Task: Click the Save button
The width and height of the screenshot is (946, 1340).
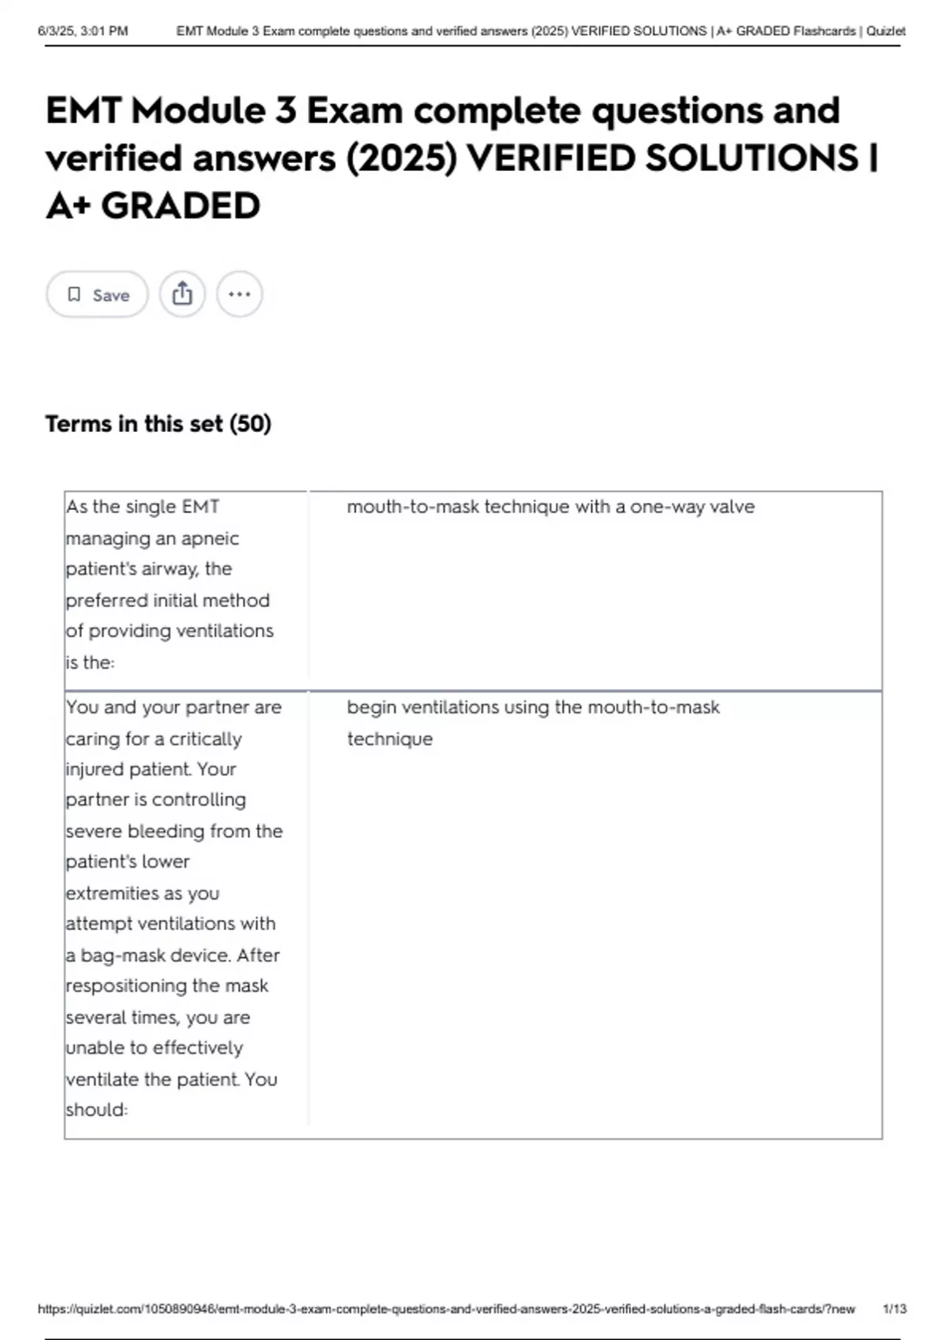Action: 97,295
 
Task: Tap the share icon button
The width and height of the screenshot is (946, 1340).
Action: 182,294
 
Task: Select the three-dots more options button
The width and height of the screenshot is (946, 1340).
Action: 239,294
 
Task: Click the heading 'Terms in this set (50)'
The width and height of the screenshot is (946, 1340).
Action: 158,424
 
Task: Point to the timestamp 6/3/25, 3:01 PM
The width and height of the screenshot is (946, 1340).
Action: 83,32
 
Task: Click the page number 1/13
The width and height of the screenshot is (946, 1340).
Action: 894,1308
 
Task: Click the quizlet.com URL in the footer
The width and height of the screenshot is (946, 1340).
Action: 446,1308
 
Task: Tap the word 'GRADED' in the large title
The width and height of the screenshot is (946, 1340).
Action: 181,207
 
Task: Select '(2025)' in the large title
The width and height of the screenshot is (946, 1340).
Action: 401,158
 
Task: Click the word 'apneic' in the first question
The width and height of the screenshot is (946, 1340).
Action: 208,538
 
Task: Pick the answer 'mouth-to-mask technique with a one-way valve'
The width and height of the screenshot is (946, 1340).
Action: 550,507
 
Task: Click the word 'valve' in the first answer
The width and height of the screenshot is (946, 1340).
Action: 732,507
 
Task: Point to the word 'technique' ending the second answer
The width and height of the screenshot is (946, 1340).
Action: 389,739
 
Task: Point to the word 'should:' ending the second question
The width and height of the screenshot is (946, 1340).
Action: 96,1110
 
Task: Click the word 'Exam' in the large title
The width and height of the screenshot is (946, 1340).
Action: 354,110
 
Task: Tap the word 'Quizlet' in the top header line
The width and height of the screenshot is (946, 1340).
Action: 885,32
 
